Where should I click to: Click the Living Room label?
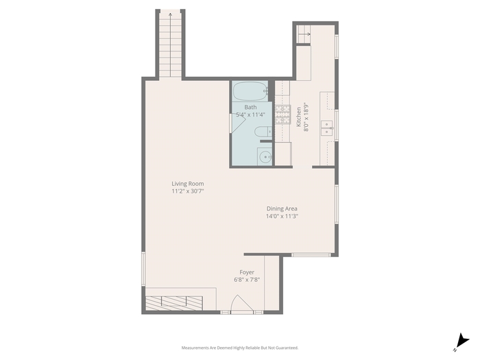(188, 184)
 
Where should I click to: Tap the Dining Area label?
(282, 208)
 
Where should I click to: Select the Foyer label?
(247, 272)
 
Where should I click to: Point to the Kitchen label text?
(298, 117)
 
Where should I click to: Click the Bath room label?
(250, 107)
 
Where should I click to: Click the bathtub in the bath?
(250, 91)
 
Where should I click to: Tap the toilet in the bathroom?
(263, 132)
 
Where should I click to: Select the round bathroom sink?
(265, 157)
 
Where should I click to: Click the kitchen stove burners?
(283, 115)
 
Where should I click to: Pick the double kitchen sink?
(327, 128)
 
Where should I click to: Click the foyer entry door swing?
(242, 304)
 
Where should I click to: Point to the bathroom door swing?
(238, 123)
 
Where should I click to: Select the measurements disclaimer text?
(240, 348)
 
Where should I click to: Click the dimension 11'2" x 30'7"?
(188, 191)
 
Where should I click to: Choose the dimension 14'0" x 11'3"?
(282, 216)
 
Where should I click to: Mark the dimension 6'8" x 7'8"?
(247, 280)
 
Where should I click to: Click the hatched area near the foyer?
(174, 303)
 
